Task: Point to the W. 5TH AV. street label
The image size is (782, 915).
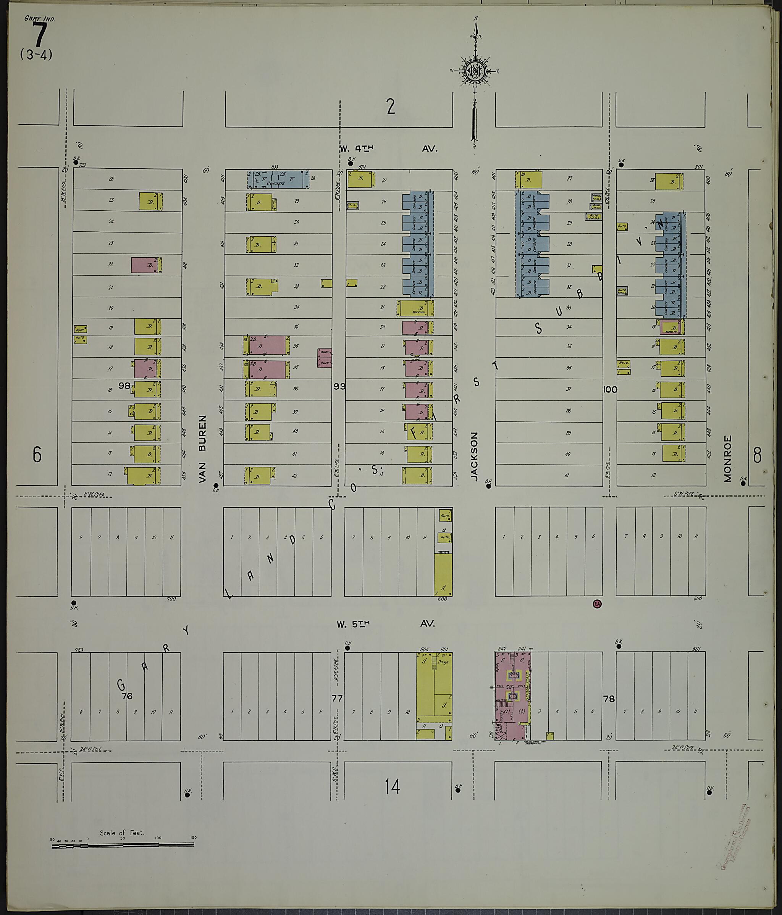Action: [385, 623]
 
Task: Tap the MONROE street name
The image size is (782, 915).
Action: [728, 459]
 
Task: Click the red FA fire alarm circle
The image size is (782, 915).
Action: [597, 604]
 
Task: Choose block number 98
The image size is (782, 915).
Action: [124, 386]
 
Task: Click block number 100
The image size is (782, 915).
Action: [610, 389]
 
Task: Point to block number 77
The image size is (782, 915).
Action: [337, 698]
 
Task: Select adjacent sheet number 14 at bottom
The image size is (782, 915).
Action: [392, 786]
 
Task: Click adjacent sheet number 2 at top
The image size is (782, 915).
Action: [391, 107]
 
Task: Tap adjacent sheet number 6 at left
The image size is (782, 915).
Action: [37, 455]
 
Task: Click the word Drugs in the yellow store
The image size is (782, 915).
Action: [442, 662]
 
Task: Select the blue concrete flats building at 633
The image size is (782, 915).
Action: [278, 180]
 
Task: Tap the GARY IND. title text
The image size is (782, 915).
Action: [39, 19]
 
